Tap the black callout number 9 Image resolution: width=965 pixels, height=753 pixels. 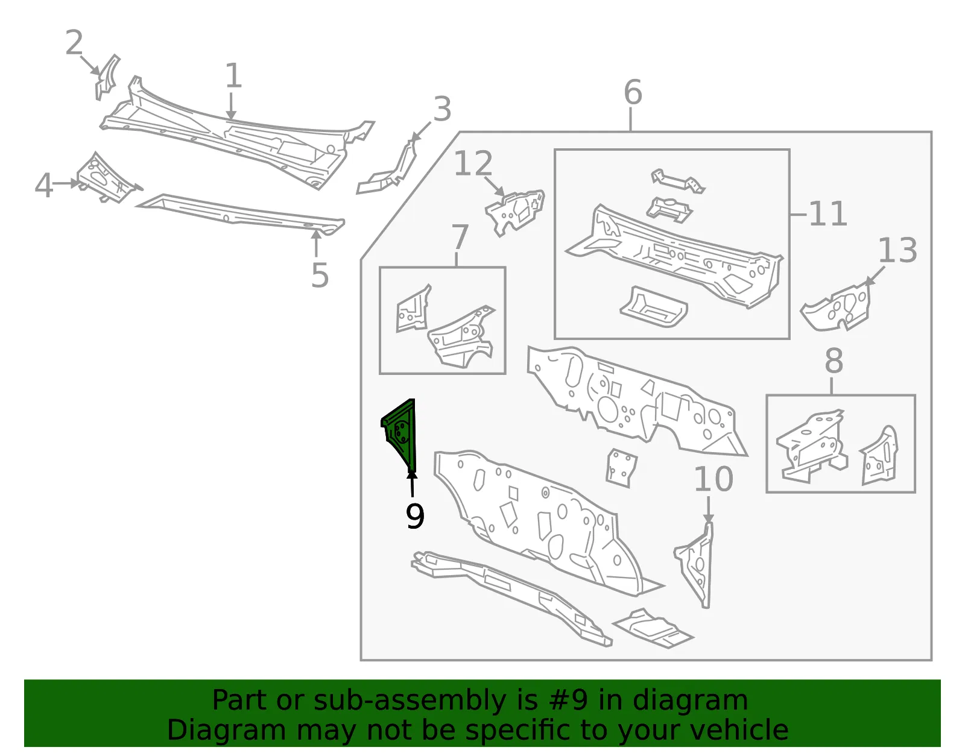pos(415,516)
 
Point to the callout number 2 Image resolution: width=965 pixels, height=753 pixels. pos(74,43)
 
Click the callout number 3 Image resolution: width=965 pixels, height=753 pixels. pos(442,109)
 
